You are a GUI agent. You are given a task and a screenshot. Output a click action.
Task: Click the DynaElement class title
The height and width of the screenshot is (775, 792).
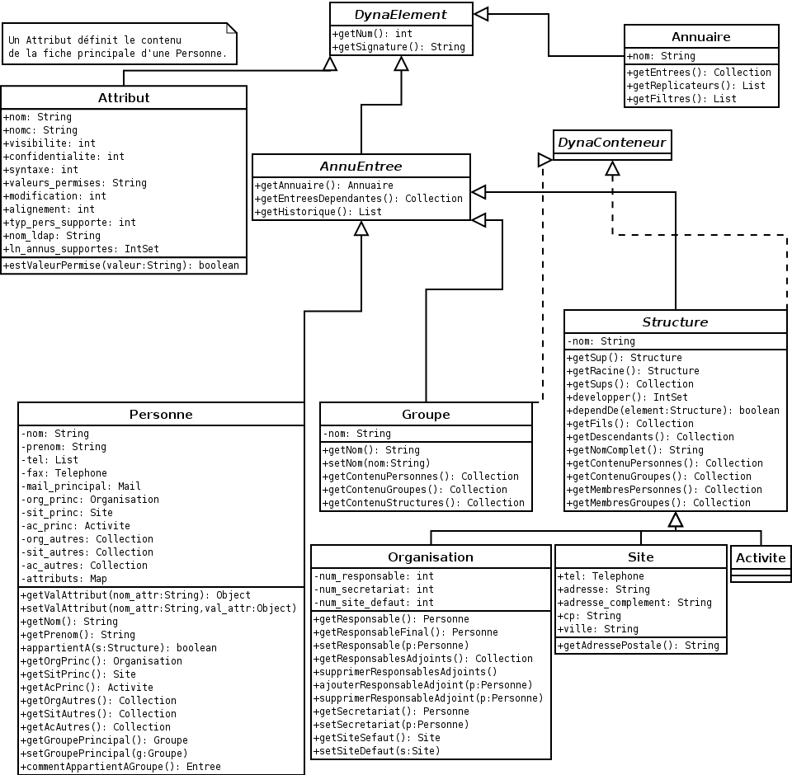401,14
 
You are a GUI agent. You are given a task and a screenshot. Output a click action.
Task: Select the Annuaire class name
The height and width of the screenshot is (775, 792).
700,36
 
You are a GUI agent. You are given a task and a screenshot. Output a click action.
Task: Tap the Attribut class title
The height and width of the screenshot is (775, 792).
124,97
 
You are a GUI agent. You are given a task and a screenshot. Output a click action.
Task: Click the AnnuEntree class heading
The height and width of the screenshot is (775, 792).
361,166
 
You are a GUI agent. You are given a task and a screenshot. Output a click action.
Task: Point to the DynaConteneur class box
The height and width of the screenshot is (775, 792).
611,143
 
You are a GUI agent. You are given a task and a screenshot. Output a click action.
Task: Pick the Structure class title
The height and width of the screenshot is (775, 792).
675,322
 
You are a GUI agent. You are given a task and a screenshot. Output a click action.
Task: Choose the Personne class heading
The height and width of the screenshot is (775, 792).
161,414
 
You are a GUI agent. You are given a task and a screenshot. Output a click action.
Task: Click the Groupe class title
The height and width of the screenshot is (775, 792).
426,414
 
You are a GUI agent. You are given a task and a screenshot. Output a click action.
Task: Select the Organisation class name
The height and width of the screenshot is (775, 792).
431,557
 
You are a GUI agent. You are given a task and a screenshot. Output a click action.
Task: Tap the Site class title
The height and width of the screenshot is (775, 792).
640,557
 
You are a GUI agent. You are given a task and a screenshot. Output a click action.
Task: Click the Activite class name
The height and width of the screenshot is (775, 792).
761,557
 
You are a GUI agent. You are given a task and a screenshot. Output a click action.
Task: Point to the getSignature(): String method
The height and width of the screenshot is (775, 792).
399,47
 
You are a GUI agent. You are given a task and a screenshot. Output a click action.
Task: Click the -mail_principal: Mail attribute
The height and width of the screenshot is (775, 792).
81,486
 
